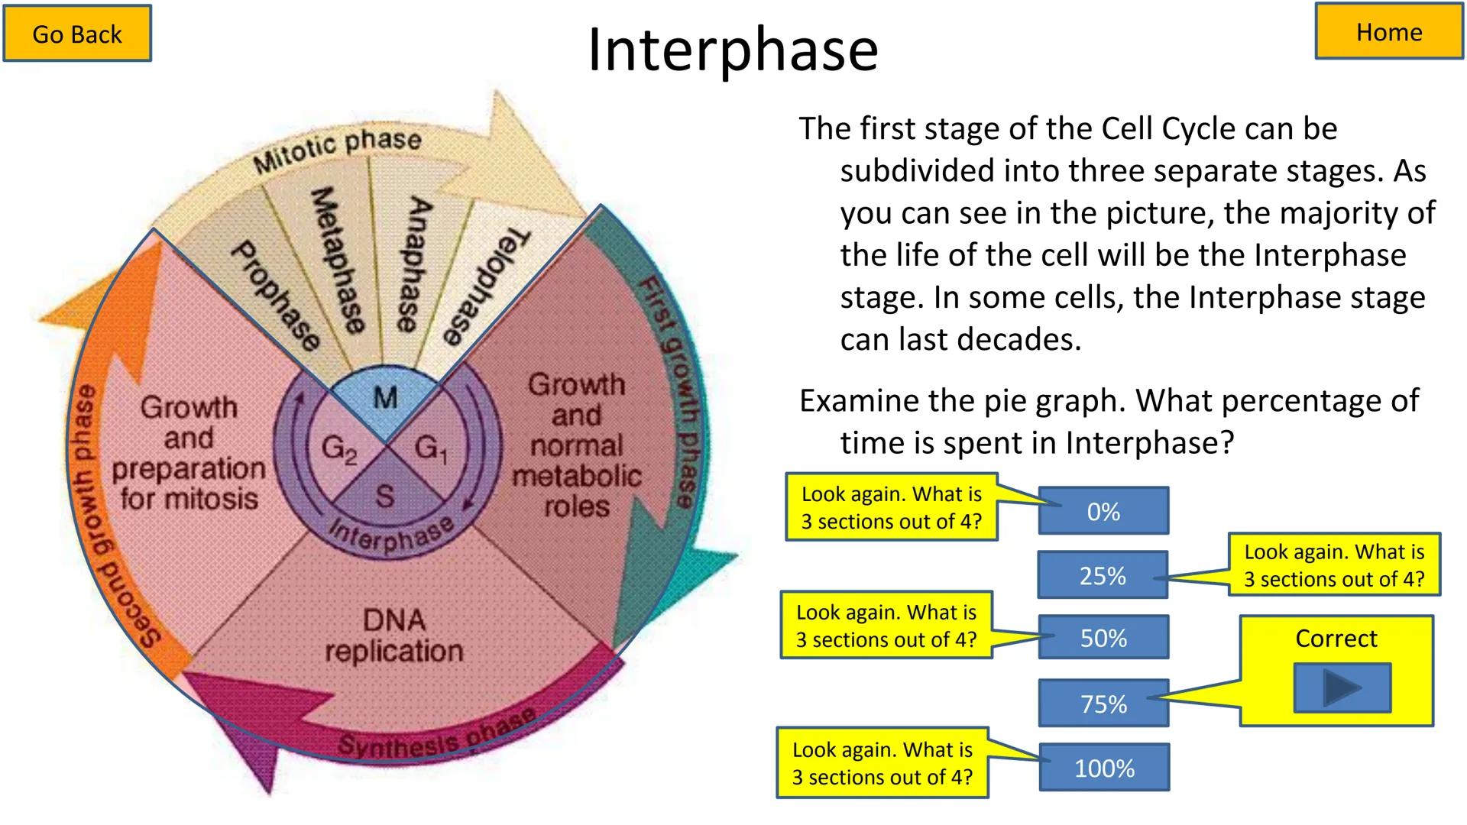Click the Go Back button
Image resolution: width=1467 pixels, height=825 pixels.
tap(77, 34)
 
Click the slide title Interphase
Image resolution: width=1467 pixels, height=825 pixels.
tap(733, 50)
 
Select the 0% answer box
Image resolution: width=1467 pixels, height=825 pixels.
tap(1103, 511)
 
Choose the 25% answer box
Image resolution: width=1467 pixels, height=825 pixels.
tap(1103, 575)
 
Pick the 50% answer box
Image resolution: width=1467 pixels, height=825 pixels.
tap(1103, 638)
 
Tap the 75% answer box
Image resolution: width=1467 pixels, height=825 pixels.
tap(1103, 704)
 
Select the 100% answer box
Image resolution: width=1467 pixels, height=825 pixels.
tap(1104, 768)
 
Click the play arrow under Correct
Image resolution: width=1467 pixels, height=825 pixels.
tap(1342, 687)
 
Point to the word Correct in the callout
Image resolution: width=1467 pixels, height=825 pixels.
tap(1336, 639)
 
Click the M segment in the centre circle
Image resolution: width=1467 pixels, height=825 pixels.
tap(385, 398)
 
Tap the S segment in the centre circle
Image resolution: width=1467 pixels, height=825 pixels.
tap(385, 497)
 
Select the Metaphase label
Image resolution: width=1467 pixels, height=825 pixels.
tap(336, 260)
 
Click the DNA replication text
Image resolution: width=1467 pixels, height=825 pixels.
tap(394, 636)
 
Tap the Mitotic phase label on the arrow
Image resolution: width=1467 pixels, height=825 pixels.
tap(337, 150)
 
